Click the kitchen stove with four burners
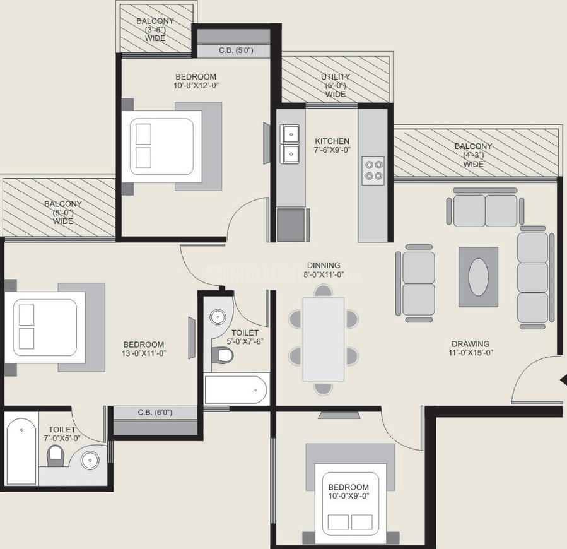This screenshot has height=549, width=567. [x=372, y=170]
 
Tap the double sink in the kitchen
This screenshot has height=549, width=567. [x=291, y=143]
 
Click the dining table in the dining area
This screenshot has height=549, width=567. [x=323, y=339]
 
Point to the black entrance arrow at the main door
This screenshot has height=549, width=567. [x=563, y=379]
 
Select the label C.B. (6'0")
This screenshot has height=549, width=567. [x=155, y=413]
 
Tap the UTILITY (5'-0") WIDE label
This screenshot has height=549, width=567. [x=336, y=85]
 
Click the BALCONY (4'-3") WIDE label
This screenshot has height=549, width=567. [x=473, y=155]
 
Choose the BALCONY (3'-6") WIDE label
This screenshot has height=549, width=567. [x=155, y=30]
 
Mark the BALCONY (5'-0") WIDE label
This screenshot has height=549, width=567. [x=63, y=213]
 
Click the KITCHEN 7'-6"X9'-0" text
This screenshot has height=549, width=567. [x=332, y=146]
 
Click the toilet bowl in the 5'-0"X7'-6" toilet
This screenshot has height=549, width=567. [x=223, y=355]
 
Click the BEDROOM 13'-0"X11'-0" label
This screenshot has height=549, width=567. [x=144, y=349]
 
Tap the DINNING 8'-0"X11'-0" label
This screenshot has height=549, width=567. [x=324, y=269]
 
